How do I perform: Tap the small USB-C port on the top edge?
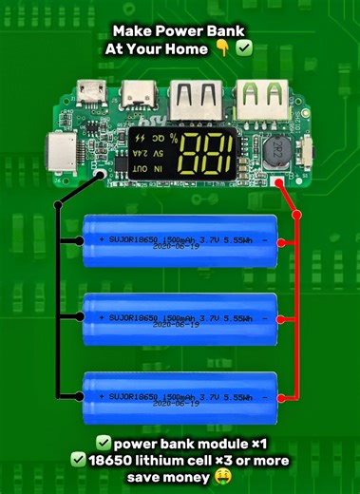141,95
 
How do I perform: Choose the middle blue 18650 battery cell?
180,319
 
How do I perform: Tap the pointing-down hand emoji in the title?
221,43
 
